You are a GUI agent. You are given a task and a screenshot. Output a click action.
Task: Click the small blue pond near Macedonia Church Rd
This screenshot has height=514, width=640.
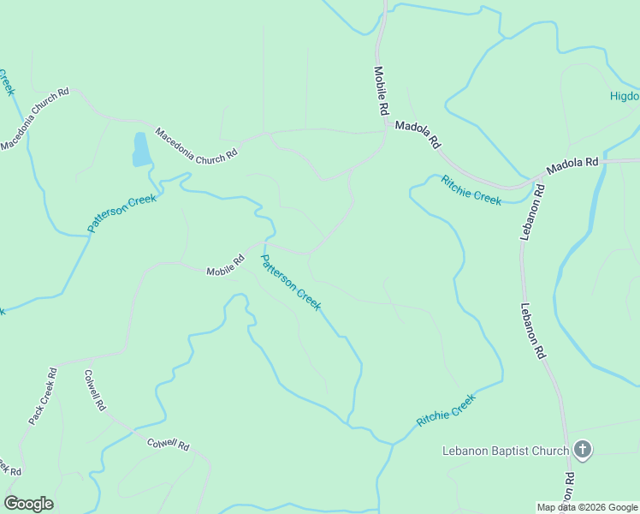point(141,150)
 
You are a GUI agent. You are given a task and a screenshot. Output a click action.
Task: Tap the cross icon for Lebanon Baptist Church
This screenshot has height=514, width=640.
point(582,450)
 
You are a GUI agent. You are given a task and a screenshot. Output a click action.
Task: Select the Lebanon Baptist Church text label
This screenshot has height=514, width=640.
point(506,451)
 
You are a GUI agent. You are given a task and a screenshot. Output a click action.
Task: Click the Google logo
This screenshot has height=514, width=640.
point(28,504)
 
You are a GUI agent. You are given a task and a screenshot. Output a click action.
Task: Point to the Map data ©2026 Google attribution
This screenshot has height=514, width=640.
point(587,507)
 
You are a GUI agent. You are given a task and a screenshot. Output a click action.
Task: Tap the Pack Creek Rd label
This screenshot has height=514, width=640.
point(42,396)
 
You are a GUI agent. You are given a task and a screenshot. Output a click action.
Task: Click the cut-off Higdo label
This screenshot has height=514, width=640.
point(624,96)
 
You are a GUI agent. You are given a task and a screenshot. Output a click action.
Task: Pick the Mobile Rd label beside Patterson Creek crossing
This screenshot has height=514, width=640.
point(225,271)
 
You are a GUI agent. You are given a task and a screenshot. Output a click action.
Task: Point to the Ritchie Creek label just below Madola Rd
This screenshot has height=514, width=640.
point(471,189)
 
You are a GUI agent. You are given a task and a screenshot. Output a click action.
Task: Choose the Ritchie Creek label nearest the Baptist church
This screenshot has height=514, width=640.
point(445,411)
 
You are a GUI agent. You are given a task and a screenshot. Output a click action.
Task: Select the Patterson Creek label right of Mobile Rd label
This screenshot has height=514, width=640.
point(290,283)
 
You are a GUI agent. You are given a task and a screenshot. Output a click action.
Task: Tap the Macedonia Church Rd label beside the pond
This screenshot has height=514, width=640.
point(195,146)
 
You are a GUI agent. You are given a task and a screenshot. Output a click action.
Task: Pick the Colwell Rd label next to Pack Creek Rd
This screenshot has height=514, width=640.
point(94,390)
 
